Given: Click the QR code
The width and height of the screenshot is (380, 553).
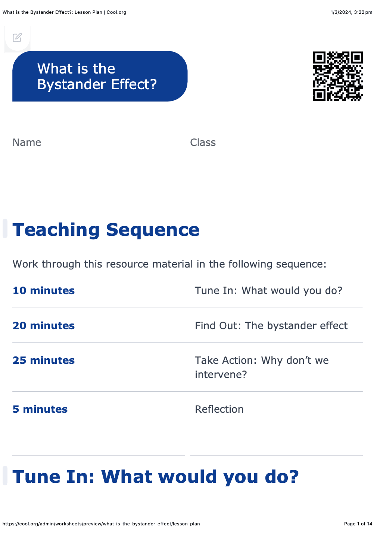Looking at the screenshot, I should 338,76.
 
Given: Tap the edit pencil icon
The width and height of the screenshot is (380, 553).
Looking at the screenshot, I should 17,38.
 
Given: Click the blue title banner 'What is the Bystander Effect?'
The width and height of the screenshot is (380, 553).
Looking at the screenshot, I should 100,76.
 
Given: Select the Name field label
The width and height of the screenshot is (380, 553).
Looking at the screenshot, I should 27,143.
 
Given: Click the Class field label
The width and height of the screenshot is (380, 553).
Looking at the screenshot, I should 203,143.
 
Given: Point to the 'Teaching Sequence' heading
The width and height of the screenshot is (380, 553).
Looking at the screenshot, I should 106,230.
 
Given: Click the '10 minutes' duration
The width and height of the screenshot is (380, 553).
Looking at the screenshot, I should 44,291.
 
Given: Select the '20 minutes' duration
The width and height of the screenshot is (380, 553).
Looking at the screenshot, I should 44,326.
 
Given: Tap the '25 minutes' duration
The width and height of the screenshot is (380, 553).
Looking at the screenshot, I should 44,360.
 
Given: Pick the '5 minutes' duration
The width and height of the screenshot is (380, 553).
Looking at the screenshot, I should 40,409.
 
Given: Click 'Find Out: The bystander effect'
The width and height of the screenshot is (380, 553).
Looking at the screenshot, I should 271,326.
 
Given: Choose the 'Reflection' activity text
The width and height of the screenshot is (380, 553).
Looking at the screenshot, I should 219,409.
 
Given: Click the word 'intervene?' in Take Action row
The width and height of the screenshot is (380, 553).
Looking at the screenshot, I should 221,375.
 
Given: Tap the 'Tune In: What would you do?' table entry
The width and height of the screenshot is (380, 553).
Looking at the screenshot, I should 268,291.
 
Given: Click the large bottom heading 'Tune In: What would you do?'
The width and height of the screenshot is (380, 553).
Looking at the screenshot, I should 156,477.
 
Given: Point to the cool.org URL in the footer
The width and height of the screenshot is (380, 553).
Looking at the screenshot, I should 101,524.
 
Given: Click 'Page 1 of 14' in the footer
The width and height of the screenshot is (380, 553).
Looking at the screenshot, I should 358,524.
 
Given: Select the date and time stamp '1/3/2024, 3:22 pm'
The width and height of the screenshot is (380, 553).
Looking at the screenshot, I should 351,12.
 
